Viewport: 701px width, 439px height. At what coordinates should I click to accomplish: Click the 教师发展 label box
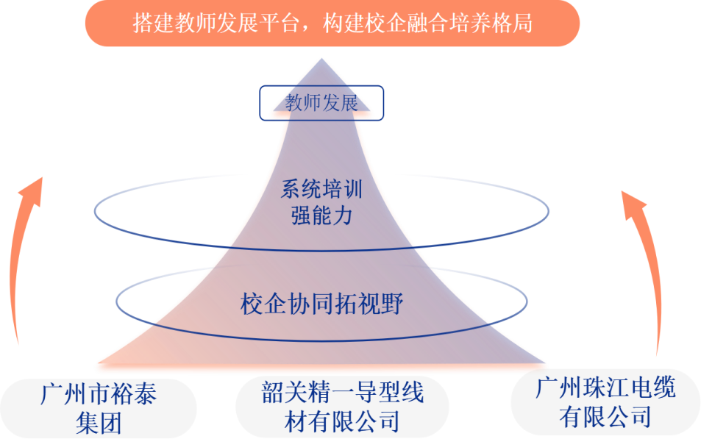[321, 103]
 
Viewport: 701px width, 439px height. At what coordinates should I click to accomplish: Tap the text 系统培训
[321, 190]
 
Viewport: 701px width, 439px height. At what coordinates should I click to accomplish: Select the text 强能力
[321, 216]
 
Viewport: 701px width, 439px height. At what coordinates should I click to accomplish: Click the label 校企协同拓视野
[321, 303]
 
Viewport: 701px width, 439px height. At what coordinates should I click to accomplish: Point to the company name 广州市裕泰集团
[99, 409]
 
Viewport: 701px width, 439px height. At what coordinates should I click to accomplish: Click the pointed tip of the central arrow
[322, 60]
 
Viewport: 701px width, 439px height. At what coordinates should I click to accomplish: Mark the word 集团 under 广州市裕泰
[99, 424]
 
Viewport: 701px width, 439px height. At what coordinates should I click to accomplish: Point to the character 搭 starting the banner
[142, 24]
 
